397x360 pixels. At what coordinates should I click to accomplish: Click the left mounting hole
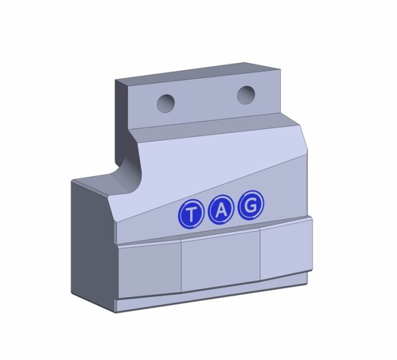166,104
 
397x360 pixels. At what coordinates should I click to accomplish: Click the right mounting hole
246,95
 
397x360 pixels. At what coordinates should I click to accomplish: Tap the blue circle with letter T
191,214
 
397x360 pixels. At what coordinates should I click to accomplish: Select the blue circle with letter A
221,210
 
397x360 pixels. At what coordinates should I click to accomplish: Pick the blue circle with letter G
251,205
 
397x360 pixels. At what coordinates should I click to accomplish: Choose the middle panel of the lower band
221,261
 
